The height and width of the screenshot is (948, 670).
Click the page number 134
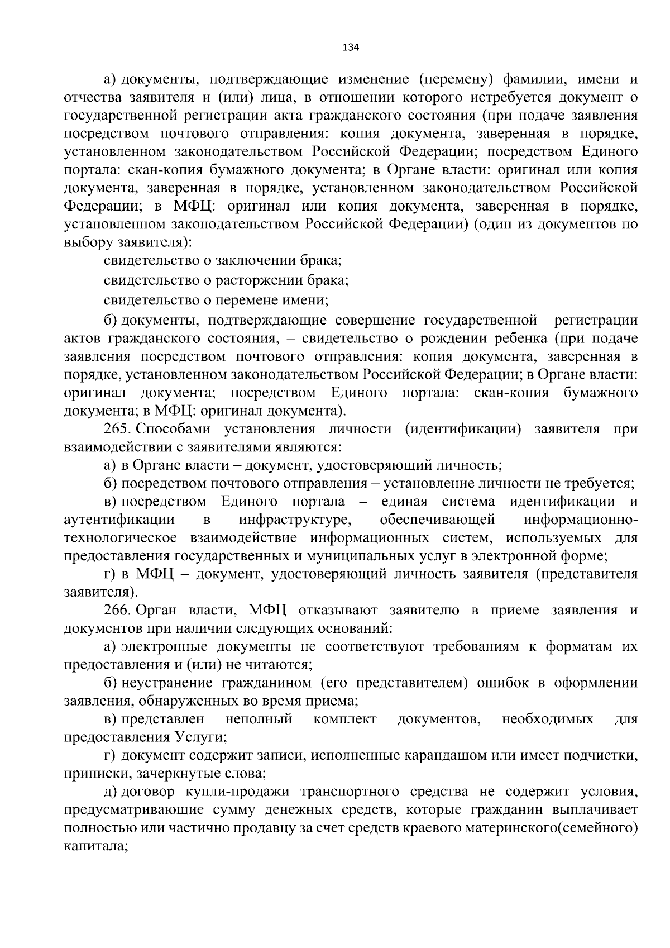point(351,47)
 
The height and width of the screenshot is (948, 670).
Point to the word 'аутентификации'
point(119,520)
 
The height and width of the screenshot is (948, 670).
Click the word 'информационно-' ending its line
point(581,520)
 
